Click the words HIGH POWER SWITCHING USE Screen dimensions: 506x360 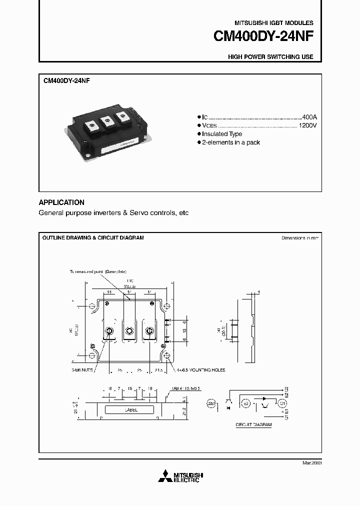pyautogui.click(x=270, y=57)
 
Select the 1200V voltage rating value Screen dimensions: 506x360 pyautogui.click(x=307, y=125)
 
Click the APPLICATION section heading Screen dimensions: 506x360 pyautogui.click(x=61, y=202)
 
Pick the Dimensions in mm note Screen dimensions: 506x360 pyautogui.click(x=299, y=238)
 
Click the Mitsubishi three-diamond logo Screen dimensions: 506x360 pyautogui.click(x=164, y=477)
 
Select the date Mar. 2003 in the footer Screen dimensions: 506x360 pyautogui.click(x=311, y=463)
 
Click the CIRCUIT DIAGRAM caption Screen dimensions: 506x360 pyautogui.click(x=253, y=424)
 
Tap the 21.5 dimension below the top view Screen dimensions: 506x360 pyautogui.click(x=158, y=370)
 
